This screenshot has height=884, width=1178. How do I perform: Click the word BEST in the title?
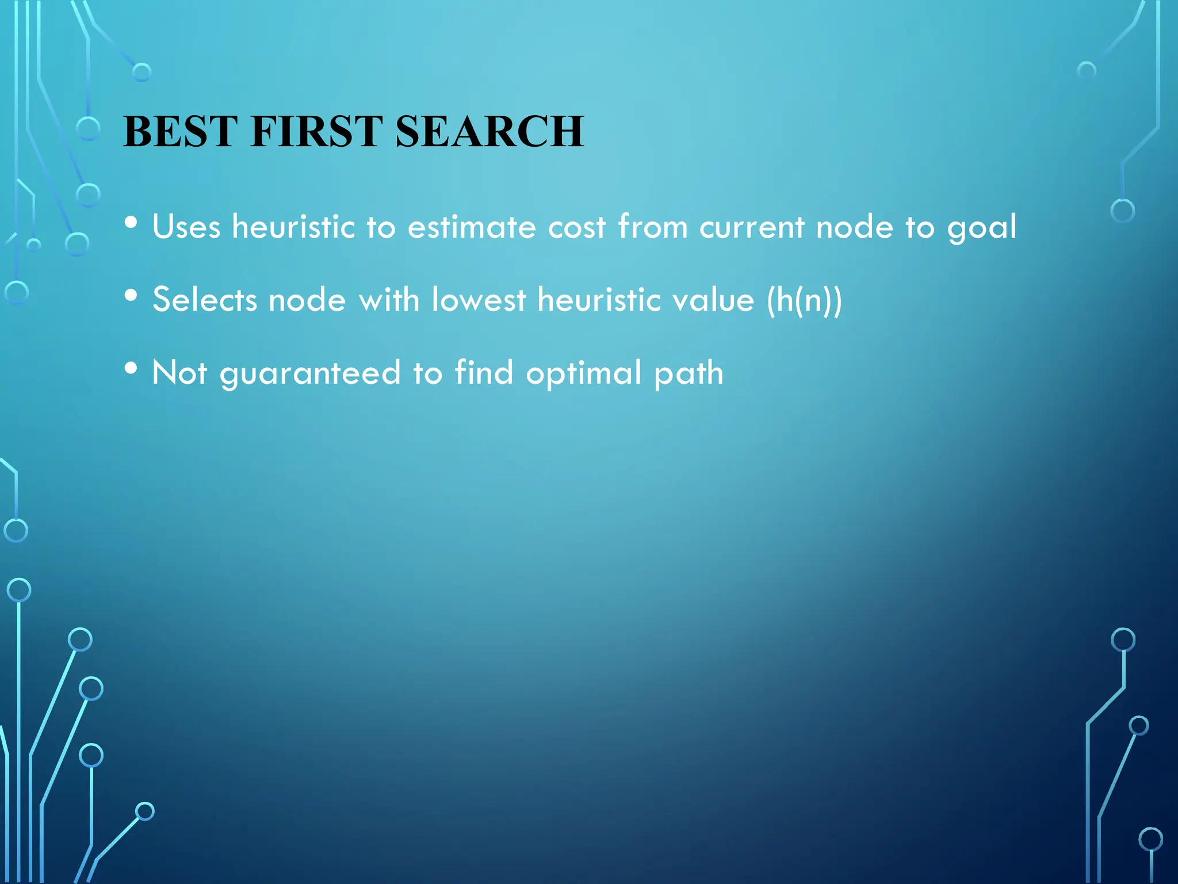180,131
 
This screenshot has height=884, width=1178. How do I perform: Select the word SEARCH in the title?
489,131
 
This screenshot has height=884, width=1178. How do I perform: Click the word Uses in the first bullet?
186,226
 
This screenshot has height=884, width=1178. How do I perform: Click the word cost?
576,226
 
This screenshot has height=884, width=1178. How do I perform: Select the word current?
751,226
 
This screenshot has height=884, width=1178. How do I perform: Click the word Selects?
205,299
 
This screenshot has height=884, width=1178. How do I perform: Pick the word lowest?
479,299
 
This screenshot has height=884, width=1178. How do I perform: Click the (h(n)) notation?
804,300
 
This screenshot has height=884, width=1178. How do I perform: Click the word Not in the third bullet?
179,372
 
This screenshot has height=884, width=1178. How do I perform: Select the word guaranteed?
310,374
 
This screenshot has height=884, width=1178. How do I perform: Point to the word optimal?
583,374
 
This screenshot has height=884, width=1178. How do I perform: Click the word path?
689,374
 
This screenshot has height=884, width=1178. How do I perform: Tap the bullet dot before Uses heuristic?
131,222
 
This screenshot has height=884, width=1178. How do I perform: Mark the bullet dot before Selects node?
131,295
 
